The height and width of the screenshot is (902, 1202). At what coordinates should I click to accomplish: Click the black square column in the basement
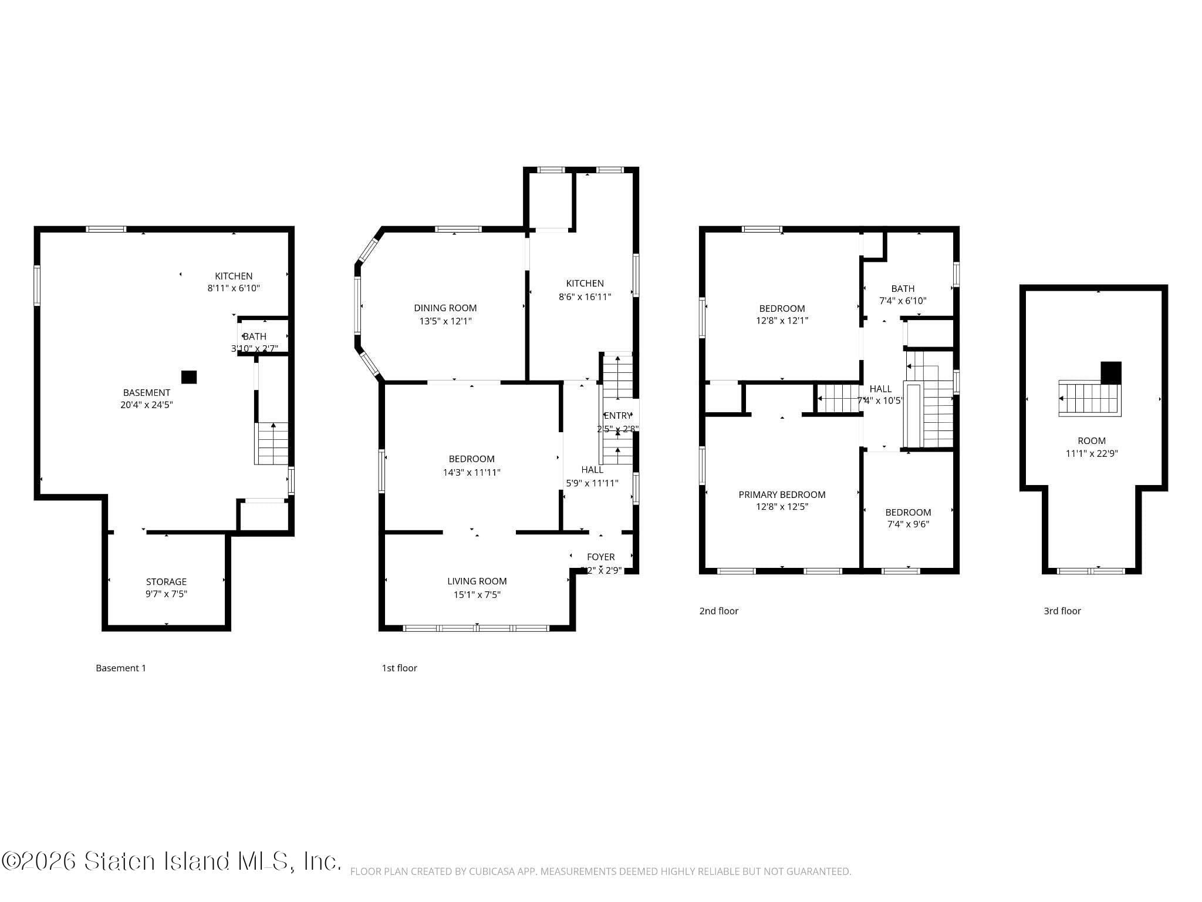[x=188, y=377]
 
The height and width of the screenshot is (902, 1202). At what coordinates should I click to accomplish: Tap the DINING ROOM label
[x=445, y=308]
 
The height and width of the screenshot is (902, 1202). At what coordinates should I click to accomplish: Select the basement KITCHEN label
[x=234, y=276]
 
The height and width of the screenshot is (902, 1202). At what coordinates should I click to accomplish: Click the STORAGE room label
[x=166, y=582]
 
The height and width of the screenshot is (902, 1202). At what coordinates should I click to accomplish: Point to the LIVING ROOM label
[x=477, y=581]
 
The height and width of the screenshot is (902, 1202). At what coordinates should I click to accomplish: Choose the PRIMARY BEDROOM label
[x=782, y=494]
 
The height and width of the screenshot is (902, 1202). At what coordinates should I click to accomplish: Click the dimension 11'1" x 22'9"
[x=1091, y=453]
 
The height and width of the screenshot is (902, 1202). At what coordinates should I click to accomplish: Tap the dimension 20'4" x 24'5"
[x=146, y=405]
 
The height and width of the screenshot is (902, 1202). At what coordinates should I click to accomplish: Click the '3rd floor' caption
[x=1062, y=611]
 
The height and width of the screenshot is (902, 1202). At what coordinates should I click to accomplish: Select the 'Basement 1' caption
[x=121, y=668]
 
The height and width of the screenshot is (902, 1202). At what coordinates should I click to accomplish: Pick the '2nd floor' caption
[x=718, y=611]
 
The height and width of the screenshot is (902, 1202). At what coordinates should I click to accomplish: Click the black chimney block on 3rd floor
[x=1110, y=372]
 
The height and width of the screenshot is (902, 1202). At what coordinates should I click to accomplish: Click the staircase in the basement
[x=272, y=444]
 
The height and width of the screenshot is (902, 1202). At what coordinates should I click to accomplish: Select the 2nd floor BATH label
[x=903, y=288]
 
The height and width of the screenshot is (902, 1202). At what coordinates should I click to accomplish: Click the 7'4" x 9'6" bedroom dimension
[x=908, y=524]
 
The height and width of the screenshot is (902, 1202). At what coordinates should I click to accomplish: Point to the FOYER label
[x=600, y=557]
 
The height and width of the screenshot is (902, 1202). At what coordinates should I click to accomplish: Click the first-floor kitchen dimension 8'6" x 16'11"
[x=585, y=297]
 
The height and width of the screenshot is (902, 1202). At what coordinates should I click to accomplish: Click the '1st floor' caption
[x=399, y=668]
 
